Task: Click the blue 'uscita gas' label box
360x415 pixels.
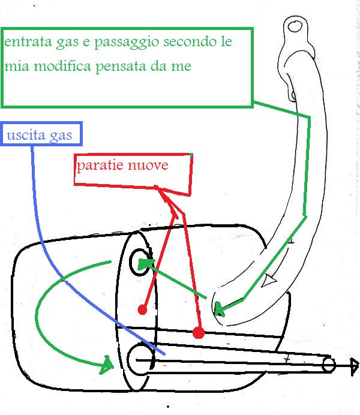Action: [41, 134]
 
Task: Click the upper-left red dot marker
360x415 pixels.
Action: [142, 309]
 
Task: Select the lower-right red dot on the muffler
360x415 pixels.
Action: [199, 332]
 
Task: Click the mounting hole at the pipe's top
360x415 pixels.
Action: [293, 26]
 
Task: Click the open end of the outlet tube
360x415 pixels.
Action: [328, 364]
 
